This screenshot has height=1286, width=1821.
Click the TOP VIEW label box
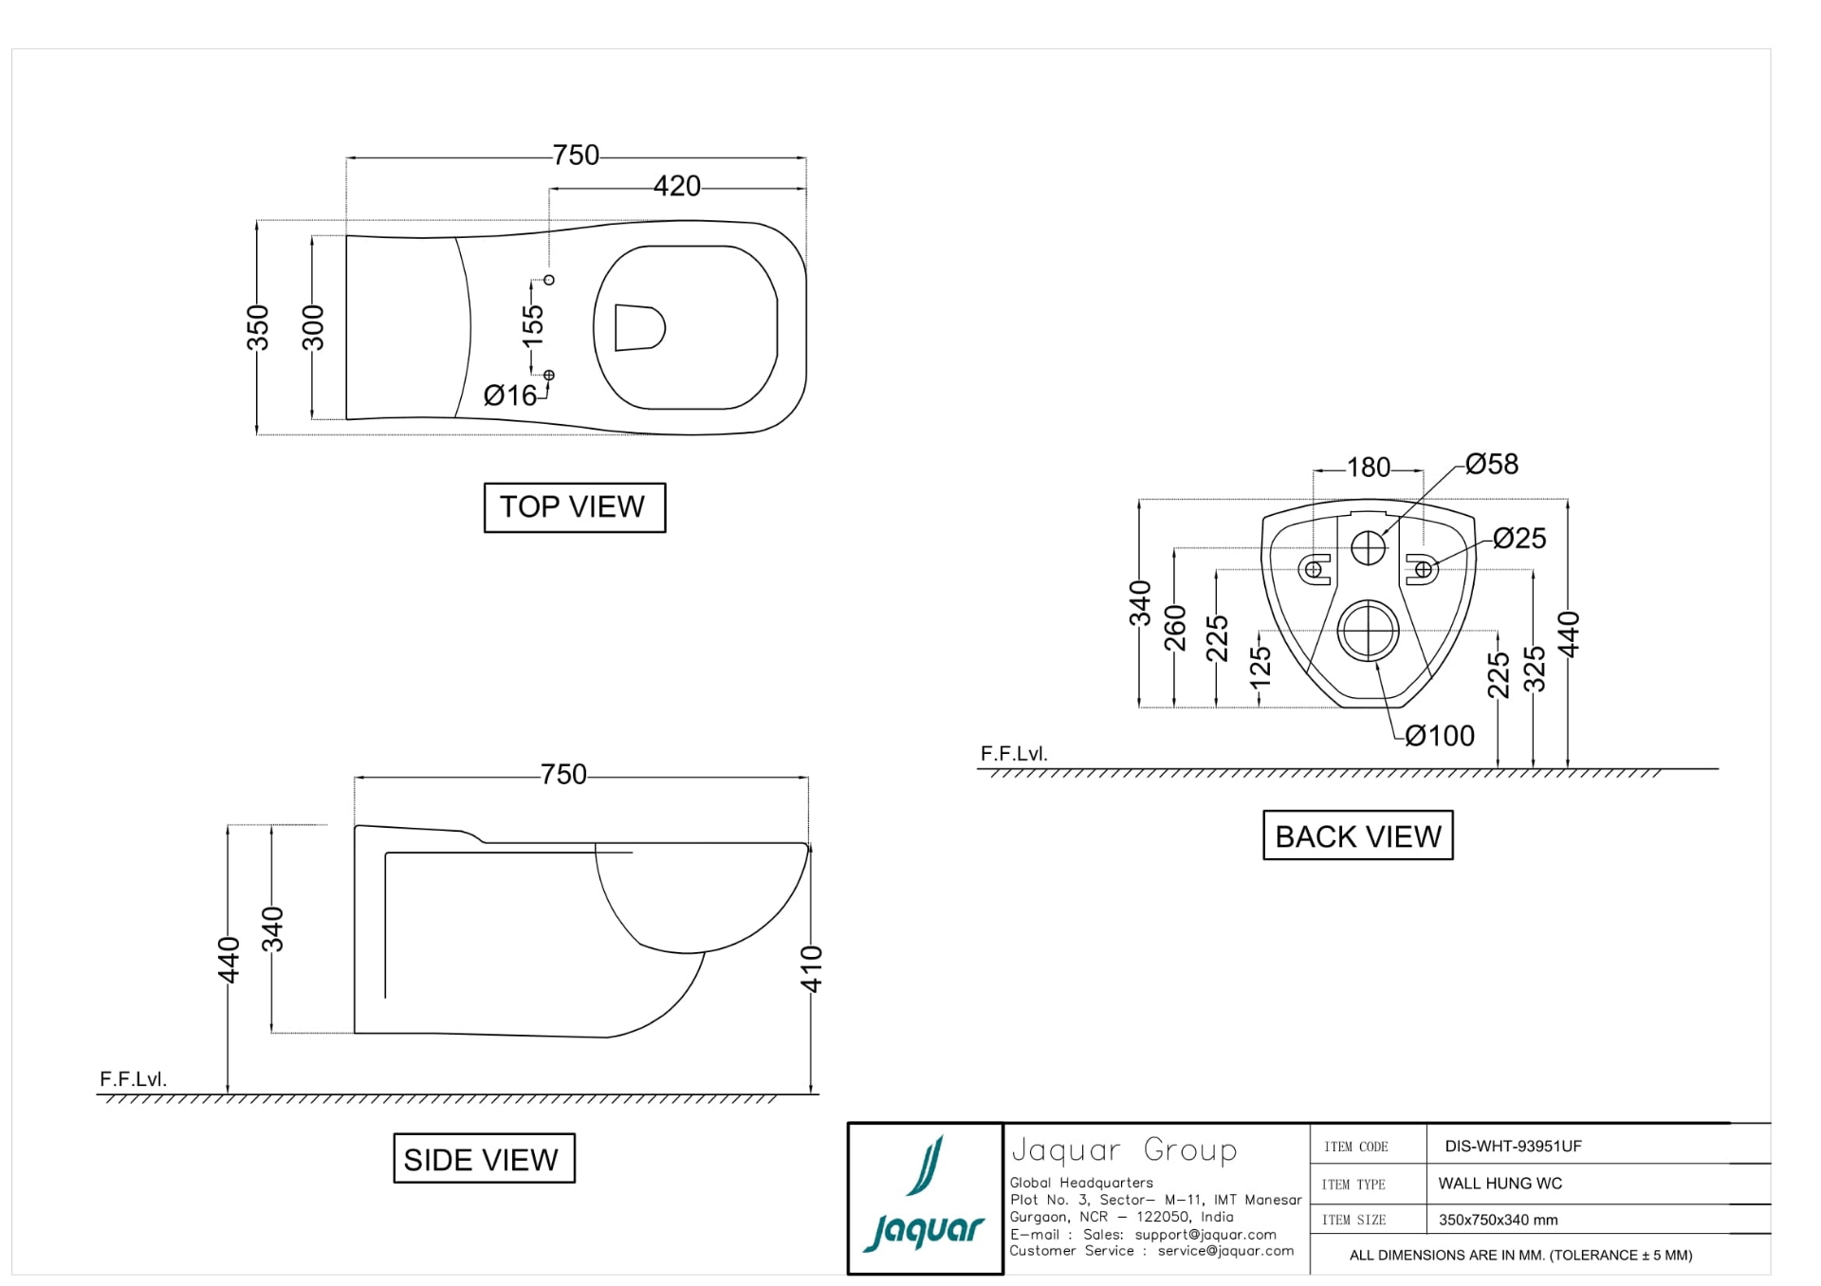pos(574,507)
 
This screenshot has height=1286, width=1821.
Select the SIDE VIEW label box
pos(484,1158)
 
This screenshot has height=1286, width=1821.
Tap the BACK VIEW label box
pos(1357,836)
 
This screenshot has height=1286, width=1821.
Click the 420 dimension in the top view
pos(676,186)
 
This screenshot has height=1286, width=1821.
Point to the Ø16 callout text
pos(509,395)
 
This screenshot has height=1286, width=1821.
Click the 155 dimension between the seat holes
pos(533,325)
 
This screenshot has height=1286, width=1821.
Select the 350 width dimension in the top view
pos(258,327)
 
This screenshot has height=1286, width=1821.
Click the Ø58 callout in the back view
pos(1491,464)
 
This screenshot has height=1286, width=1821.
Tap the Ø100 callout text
pos(1439,736)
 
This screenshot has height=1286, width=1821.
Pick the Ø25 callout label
pos(1518,539)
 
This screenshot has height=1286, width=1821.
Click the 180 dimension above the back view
pos(1368,468)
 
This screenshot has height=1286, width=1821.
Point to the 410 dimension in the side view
pos(812,968)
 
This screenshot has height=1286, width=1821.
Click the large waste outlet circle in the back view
pos(1368,631)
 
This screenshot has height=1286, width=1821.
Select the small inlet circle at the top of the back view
pos(1368,547)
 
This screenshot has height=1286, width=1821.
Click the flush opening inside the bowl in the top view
pos(638,328)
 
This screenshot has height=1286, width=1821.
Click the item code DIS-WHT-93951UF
pos(1513,1146)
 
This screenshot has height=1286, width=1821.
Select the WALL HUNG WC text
pos(1499,1184)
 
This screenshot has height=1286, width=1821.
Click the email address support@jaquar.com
pos(1205,1235)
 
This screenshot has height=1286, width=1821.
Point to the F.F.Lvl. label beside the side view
pos(133,1079)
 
